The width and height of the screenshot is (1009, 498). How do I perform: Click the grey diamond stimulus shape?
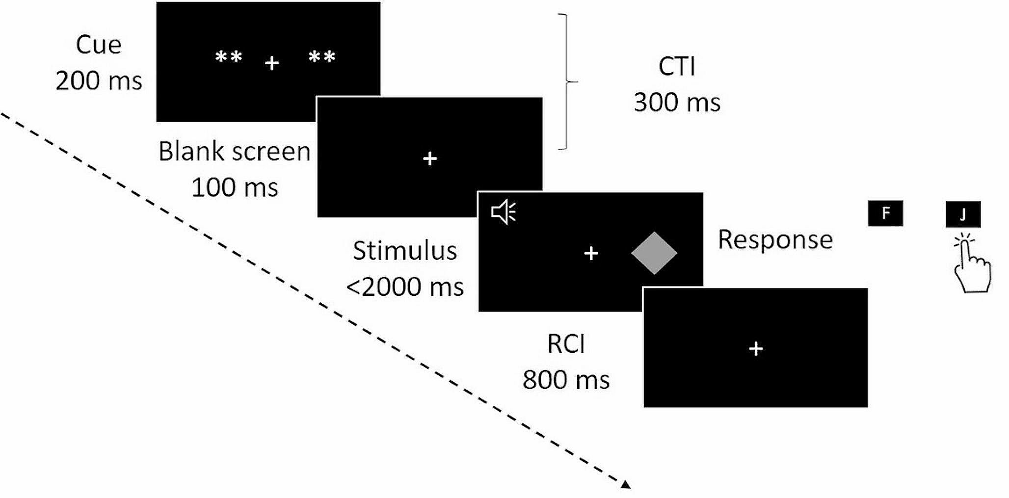tap(654, 253)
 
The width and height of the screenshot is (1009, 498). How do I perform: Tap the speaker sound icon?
tap(504, 212)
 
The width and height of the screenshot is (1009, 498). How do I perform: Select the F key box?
tap(885, 213)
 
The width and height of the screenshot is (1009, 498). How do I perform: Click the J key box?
tap(963, 214)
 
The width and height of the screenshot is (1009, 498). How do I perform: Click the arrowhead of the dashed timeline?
tap(625, 485)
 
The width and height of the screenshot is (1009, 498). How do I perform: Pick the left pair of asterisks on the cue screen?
tap(229, 57)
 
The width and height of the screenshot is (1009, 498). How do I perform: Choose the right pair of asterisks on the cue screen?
tap(322, 57)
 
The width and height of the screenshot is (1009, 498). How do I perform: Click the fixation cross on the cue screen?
tap(272, 63)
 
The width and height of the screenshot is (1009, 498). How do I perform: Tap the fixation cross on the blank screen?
tap(430, 158)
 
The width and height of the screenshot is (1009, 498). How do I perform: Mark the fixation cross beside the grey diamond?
tap(591, 253)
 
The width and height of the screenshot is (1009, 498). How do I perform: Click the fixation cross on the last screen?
tap(756, 348)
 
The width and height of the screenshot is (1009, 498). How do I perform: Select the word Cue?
tap(99, 45)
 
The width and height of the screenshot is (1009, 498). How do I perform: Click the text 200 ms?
tap(99, 80)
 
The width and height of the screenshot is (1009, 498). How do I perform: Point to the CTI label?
tap(677, 66)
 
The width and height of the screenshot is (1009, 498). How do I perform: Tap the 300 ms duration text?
tap(677, 103)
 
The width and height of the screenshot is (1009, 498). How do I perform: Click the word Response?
tap(775, 239)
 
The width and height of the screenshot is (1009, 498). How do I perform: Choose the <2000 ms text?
tap(405, 287)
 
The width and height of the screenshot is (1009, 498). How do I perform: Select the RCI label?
tap(566, 344)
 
